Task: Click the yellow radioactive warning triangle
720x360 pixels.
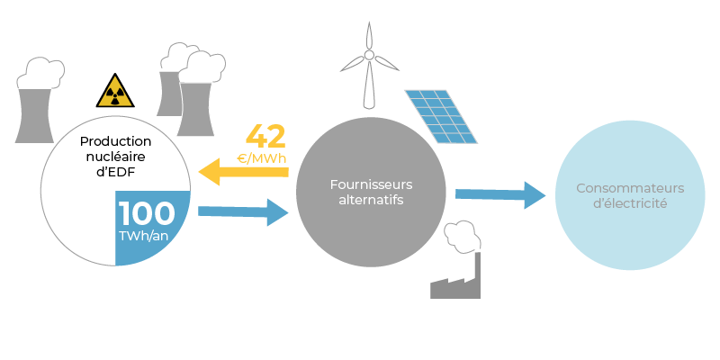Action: (x=115, y=91)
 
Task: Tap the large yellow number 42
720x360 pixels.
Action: (x=265, y=137)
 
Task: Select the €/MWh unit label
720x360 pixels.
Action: (x=262, y=159)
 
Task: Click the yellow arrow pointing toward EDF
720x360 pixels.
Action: (x=243, y=172)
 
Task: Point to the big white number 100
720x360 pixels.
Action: (x=147, y=213)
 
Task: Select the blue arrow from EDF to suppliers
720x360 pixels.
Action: (x=243, y=212)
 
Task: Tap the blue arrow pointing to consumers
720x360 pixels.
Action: (x=500, y=195)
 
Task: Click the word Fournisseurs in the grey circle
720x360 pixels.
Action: (x=371, y=184)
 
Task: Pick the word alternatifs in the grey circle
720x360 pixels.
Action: (x=371, y=200)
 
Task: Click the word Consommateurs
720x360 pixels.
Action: (x=630, y=188)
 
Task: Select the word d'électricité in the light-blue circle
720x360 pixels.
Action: (x=630, y=203)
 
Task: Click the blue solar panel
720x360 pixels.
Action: (x=441, y=117)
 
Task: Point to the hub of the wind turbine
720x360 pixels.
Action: (x=369, y=55)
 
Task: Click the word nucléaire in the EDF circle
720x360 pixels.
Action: (x=116, y=157)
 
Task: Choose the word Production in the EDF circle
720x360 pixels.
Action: (x=116, y=141)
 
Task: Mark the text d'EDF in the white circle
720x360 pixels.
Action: (x=116, y=173)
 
